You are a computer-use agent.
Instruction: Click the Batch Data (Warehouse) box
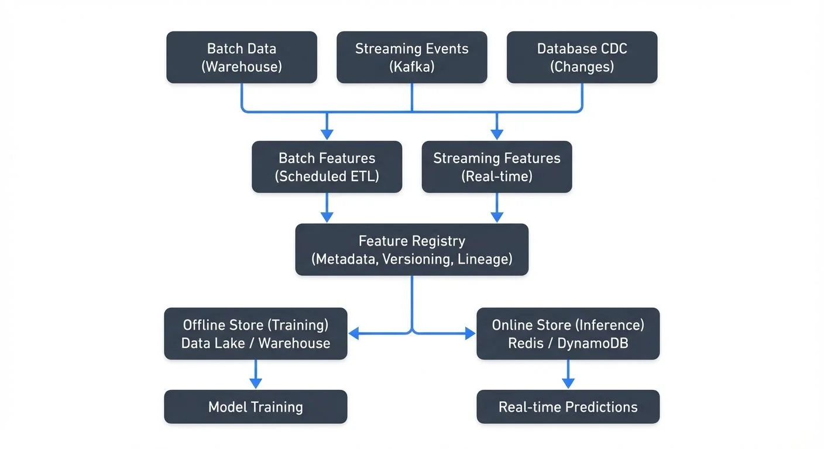pos(241,57)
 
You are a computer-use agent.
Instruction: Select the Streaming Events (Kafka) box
pos(411,57)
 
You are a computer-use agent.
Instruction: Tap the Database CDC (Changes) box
pos(582,57)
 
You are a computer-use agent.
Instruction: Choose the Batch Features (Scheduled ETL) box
pos(327,167)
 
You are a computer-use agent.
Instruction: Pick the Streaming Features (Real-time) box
pos(496,167)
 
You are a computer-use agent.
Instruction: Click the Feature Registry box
pos(411,250)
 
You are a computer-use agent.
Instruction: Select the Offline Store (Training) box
pos(255,334)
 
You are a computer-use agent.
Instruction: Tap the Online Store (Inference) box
pos(568,334)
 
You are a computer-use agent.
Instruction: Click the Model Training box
pos(255,407)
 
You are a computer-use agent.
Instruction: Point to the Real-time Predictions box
pos(568,407)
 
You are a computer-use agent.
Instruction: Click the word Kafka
pos(411,67)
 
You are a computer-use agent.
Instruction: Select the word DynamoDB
pos(592,343)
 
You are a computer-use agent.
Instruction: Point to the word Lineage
pos(485,259)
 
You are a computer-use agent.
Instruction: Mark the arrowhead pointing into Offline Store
pos(353,334)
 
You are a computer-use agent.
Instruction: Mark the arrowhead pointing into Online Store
pos(471,334)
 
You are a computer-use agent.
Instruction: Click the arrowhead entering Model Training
pos(255,384)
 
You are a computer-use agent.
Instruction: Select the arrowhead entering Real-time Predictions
pos(568,384)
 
